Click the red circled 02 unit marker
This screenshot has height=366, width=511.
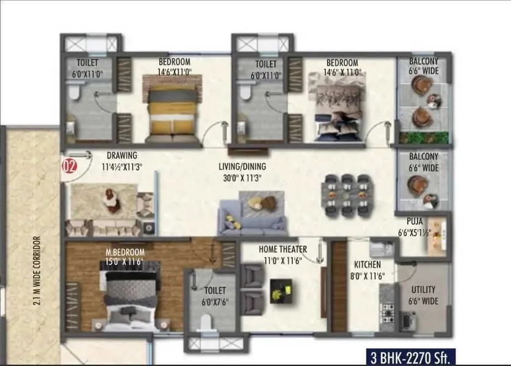(69, 166)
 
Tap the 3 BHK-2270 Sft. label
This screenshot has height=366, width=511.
(410, 357)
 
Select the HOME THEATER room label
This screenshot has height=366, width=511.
(283, 249)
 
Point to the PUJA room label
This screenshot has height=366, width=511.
(415, 221)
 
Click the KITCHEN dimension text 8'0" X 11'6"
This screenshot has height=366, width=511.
(368, 276)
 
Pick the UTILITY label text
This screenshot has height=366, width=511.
(423, 290)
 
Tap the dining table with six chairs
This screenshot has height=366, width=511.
(347, 195)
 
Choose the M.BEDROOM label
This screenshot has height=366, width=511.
(125, 253)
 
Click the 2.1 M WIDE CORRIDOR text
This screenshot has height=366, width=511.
(37, 271)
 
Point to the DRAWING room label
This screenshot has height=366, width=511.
(122, 156)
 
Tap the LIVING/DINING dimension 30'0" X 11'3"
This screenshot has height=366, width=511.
(242, 178)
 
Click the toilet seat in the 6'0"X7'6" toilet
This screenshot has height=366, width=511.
(206, 323)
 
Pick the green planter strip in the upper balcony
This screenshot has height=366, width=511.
(424, 138)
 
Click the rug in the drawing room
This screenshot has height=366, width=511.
(104, 201)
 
